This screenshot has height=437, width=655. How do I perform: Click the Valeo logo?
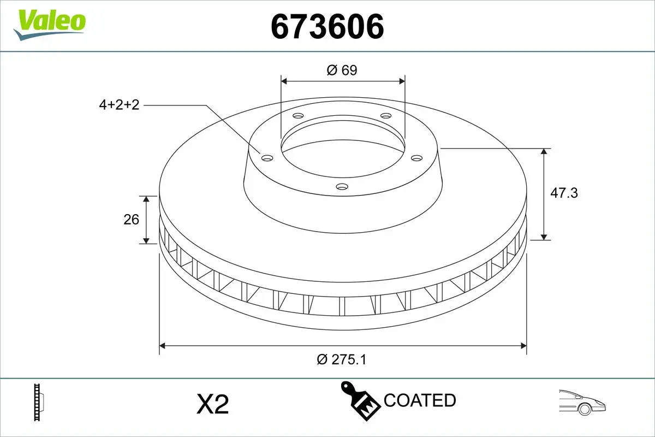pyautogui.click(x=50, y=23)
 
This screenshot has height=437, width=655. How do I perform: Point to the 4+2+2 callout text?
pyautogui.click(x=119, y=105)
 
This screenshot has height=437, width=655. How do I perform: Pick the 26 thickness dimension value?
pyautogui.click(x=132, y=220)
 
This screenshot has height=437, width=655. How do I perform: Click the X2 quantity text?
pyautogui.click(x=212, y=405)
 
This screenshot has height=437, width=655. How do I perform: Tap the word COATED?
pyautogui.click(x=420, y=400)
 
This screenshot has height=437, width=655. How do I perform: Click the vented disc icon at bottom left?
pyautogui.click(x=38, y=402)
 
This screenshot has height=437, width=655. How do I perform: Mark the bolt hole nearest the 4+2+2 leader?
pyautogui.click(x=267, y=158)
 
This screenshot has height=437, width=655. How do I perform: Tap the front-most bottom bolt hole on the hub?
pyautogui.click(x=342, y=187)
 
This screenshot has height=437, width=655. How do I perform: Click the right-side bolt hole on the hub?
pyautogui.click(x=417, y=158)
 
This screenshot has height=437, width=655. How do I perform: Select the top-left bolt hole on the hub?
pyautogui.click(x=298, y=116)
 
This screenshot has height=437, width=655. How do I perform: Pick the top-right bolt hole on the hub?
pyautogui.click(x=386, y=116)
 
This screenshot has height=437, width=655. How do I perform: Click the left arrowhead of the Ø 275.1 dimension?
pyautogui.click(x=162, y=345)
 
